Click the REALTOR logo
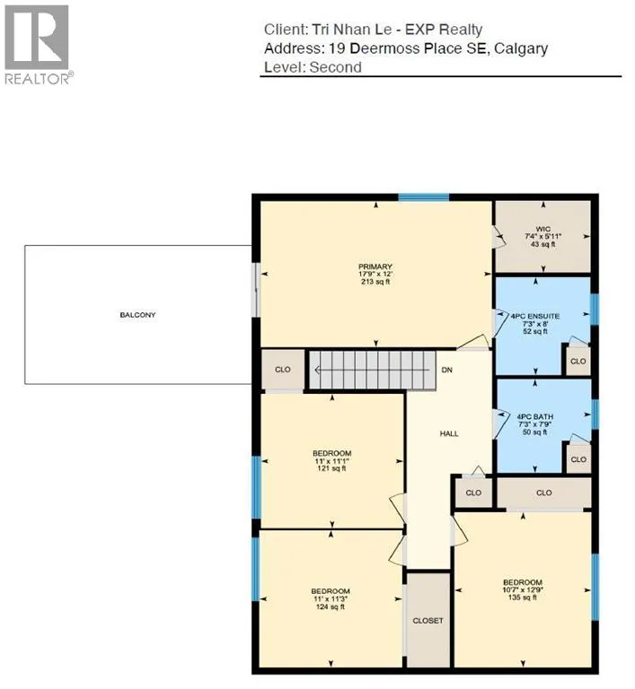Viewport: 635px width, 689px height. [39, 43]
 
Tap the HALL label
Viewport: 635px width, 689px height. [449, 433]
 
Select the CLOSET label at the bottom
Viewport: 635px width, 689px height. [428, 620]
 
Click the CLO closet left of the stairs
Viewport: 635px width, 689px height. [282, 370]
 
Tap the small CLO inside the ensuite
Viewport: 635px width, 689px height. [578, 362]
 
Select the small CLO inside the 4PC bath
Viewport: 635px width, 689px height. [578, 459]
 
